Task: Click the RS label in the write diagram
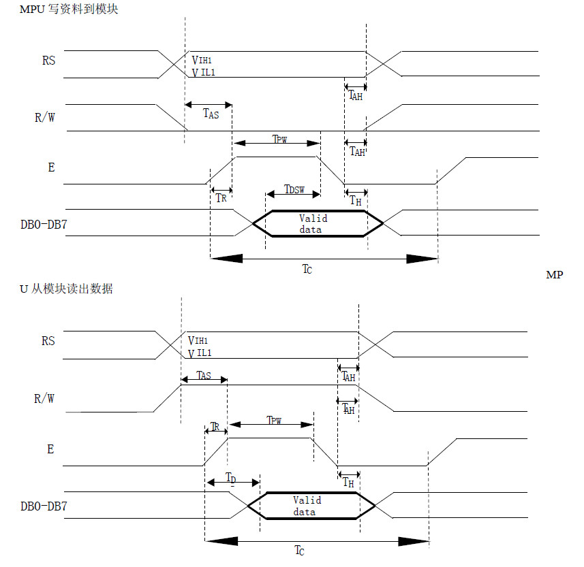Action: [x=48, y=60]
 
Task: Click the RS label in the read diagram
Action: [x=48, y=341]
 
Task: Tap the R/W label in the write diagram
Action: [x=45, y=116]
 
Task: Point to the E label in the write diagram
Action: [x=51, y=167]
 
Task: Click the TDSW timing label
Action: [x=294, y=189]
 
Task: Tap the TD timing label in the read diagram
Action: [x=231, y=479]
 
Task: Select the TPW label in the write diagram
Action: [x=279, y=139]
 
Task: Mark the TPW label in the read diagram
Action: [x=274, y=421]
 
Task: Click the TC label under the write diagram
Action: [x=308, y=269]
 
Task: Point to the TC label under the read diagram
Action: [x=300, y=550]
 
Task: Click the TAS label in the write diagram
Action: [x=211, y=114]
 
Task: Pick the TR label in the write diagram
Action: [x=221, y=198]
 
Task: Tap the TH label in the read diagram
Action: [x=348, y=483]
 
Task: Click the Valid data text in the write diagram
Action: [x=313, y=224]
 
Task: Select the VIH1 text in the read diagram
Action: [x=199, y=340]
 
